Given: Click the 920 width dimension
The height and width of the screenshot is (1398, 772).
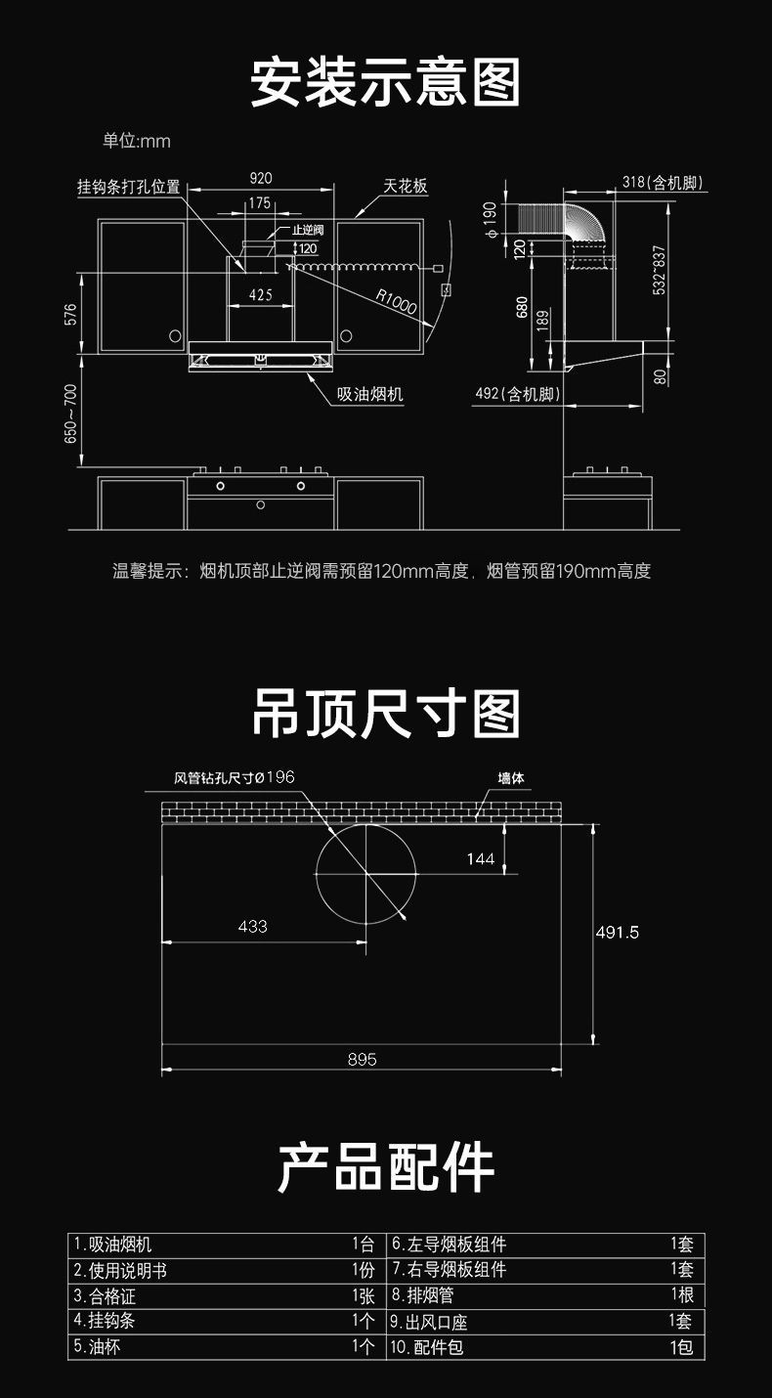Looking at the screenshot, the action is click(261, 178).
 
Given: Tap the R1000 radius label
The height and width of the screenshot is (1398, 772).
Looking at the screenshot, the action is click(396, 302).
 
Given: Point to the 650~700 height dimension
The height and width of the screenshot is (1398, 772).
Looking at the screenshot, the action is click(71, 413).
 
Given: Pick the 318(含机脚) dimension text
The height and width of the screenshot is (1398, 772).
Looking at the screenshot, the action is click(663, 183).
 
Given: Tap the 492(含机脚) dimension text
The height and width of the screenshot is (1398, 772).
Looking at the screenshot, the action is click(517, 394).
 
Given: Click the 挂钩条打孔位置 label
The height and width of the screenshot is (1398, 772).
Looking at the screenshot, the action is click(129, 186).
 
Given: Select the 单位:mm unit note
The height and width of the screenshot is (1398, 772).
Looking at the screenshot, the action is click(137, 141).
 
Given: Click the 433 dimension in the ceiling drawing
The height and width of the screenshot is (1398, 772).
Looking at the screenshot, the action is click(252, 926).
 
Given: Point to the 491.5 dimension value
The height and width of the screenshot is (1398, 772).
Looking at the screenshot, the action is click(618, 932).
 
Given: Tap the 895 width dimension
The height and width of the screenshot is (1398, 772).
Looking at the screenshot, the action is click(362, 1059).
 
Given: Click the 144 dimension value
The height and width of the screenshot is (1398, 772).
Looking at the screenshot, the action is click(481, 858).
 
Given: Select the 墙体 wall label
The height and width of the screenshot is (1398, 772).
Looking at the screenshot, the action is click(511, 778).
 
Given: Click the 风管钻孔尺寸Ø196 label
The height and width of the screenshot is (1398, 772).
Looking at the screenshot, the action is click(235, 777).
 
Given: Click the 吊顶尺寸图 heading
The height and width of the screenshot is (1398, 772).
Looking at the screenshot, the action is click(386, 714).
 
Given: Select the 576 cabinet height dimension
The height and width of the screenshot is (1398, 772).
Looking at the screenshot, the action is click(70, 315).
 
